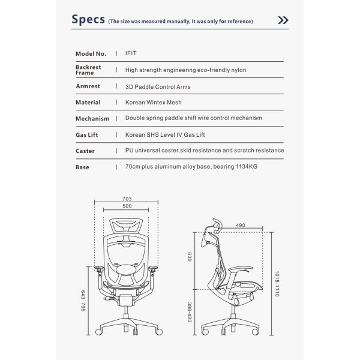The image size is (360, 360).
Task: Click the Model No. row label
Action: pos(91,53)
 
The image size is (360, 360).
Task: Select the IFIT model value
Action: pos(131,53)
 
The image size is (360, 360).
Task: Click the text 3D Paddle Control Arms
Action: pos(157,86)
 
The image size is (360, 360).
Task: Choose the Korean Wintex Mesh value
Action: pos(153,103)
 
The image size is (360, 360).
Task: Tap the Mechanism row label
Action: pos(92,119)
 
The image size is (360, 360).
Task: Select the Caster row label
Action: pos(85,151)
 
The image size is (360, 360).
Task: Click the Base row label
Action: pos(82,167)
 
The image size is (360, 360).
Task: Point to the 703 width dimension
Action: pos(127,199)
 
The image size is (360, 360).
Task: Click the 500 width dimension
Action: pos(127,207)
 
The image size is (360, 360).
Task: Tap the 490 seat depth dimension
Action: pos(241,225)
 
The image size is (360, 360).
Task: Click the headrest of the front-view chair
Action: pos(127,227)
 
